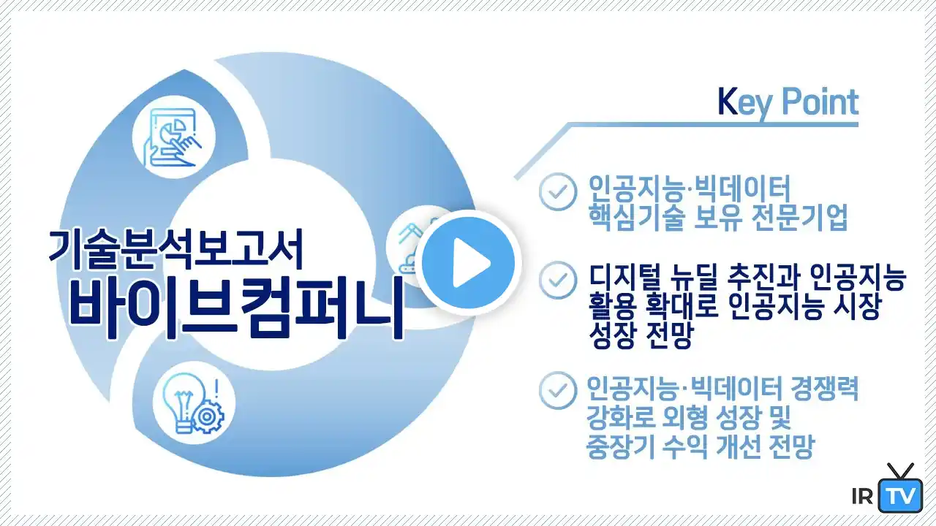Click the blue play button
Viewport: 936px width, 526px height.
469,263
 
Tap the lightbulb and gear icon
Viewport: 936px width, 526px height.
194,403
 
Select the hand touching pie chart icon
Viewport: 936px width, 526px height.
174,137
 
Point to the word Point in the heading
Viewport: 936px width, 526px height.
820,102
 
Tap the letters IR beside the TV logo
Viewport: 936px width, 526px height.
862,497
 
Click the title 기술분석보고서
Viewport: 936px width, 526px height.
175,249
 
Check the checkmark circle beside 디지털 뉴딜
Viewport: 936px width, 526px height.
558,280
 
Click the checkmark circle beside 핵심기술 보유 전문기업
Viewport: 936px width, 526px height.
558,191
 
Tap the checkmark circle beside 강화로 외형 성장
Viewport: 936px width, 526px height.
558,390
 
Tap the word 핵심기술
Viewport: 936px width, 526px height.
636,217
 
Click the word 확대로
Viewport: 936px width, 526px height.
682,306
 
